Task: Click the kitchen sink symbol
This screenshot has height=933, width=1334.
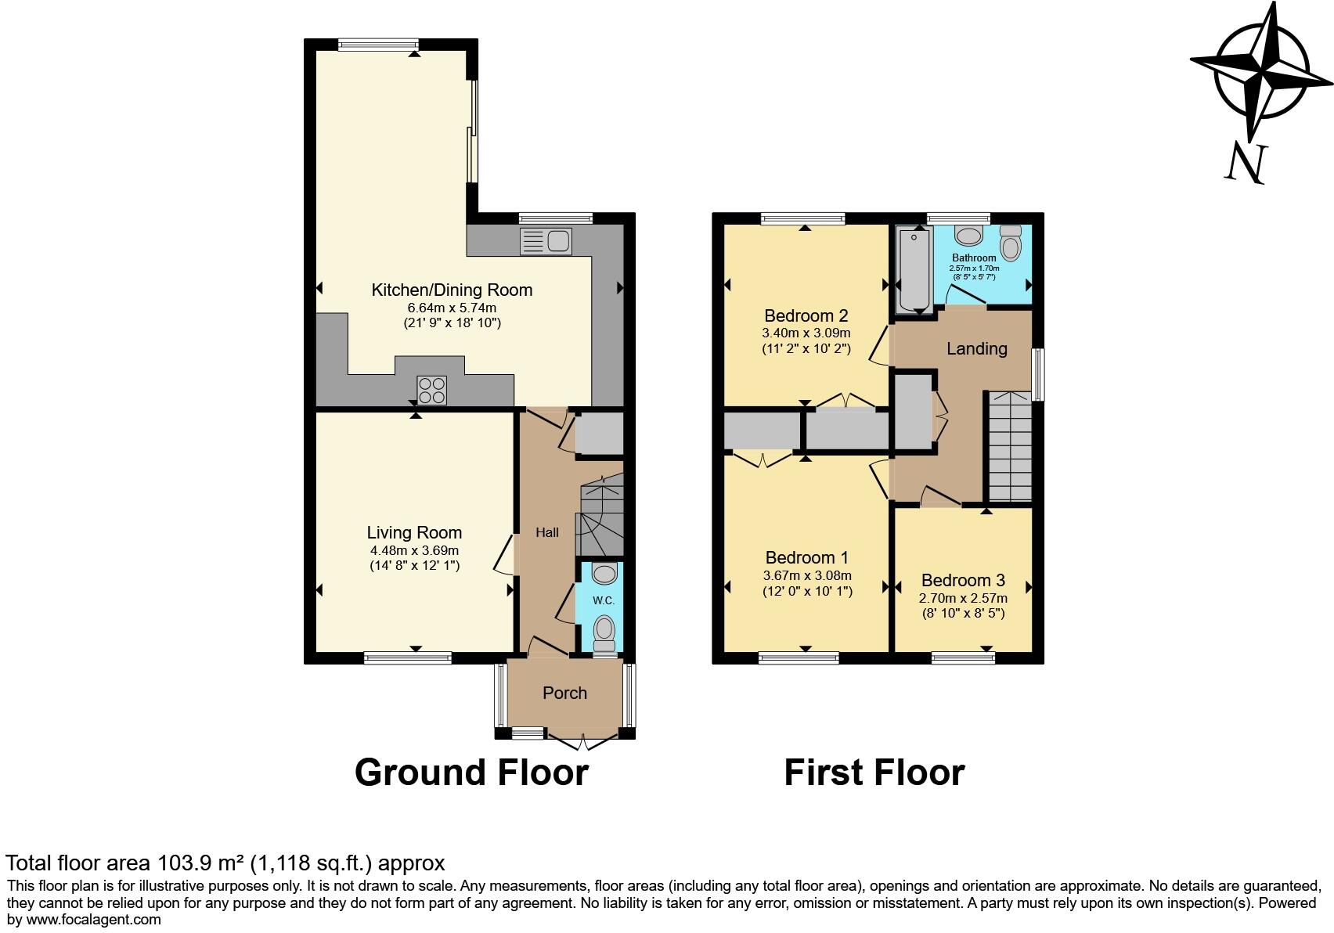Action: coord(546,241)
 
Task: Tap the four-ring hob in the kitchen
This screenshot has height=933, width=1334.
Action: coord(432,390)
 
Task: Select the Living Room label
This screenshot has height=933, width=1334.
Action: coord(414,532)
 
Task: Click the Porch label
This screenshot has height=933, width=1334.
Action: coord(564,693)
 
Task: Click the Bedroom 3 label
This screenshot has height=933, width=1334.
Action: coord(963,580)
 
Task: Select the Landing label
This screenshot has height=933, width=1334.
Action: coord(976,348)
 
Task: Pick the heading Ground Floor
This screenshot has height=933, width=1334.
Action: coord(471,773)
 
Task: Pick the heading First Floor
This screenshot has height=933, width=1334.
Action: coord(874,773)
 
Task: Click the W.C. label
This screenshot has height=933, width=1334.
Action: coord(603,600)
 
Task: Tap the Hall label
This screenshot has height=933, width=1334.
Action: coord(546,532)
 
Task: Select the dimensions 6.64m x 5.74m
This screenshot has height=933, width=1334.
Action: coord(452,308)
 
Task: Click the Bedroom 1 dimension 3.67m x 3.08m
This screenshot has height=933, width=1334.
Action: coord(807,575)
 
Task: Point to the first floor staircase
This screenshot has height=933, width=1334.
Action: coord(1010,446)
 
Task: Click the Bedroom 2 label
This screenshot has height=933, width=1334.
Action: coord(806,315)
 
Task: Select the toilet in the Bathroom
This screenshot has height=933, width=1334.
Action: coord(1011,244)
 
